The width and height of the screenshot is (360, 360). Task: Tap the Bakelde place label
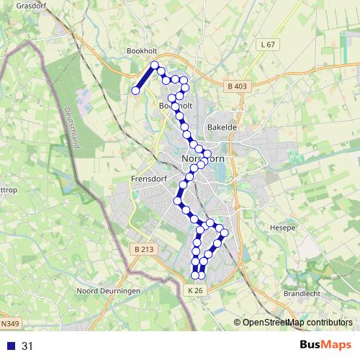(222, 127)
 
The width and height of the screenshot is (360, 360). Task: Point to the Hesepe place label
(283, 228)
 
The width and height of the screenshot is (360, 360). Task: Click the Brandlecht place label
(301, 293)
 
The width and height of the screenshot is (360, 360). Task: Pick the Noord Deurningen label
(107, 291)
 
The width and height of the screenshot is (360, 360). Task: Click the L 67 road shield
(266, 45)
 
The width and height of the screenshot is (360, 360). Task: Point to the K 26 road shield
(196, 289)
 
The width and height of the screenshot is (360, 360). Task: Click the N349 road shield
(9, 323)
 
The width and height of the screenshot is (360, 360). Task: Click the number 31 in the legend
(27, 346)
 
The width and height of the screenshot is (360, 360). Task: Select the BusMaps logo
(325, 346)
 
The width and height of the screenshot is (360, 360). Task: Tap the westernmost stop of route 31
(135, 91)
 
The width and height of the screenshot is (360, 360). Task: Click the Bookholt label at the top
(141, 52)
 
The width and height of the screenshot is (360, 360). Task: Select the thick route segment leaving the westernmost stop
(144, 78)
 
